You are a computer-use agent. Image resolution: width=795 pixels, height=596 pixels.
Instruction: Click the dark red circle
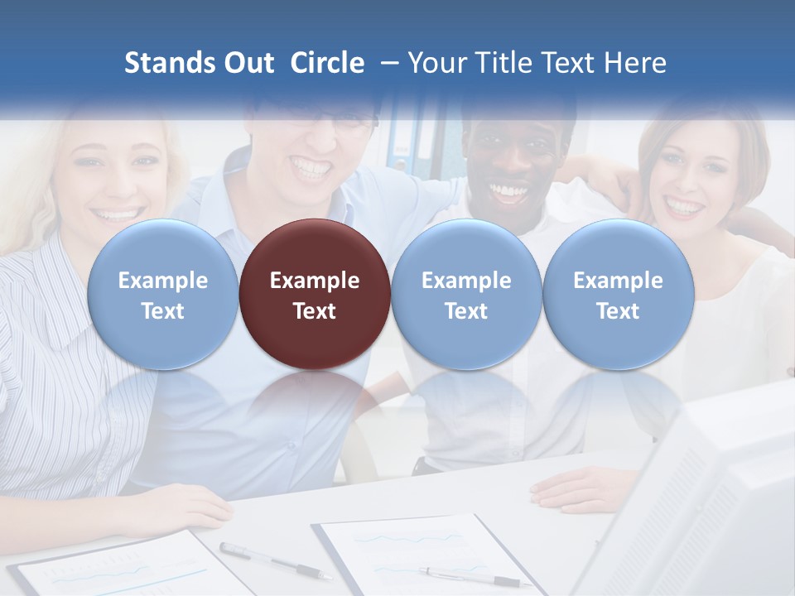point(315,294)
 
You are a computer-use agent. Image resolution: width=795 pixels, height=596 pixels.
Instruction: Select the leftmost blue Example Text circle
point(162,294)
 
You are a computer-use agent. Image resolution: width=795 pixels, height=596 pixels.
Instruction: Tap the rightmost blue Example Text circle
point(618,294)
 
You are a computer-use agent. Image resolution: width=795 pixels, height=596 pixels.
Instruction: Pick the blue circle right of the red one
point(466,294)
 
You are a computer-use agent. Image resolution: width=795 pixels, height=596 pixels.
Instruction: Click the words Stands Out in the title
point(199,63)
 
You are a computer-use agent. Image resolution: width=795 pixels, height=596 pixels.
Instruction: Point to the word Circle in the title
point(327,63)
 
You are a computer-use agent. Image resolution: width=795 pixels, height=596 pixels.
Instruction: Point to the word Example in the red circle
point(315,281)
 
